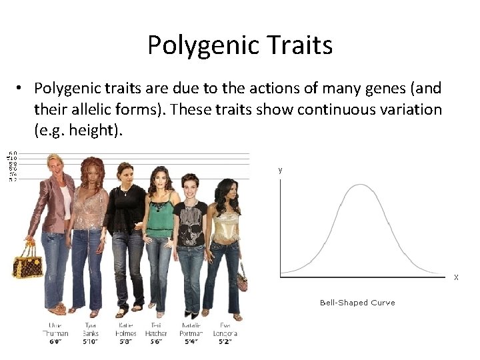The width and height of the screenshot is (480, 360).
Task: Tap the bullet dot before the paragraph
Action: [22, 89]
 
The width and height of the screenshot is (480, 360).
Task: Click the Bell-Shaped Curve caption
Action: [357, 303]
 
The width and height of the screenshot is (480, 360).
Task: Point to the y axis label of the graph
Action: [280, 170]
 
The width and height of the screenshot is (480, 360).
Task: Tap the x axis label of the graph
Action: [456, 277]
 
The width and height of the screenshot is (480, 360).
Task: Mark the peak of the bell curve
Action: [360, 185]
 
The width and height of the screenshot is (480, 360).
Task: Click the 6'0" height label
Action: [55, 341]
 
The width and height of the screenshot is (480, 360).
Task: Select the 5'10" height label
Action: [91, 341]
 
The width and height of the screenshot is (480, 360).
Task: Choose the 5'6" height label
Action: [156, 341]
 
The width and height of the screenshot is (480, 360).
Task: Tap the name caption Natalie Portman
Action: [191, 329]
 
